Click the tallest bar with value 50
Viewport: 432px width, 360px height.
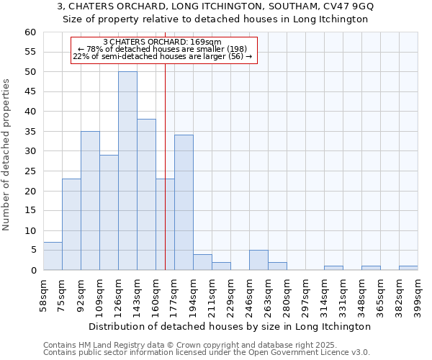pyautogui.click(x=127, y=171)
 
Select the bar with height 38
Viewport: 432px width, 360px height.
pyautogui.click(x=146, y=194)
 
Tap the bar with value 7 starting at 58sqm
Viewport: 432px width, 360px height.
pyautogui.click(x=53, y=256)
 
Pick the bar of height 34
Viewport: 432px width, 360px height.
pyautogui.click(x=184, y=202)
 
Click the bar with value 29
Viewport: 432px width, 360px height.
pyautogui.click(x=109, y=212)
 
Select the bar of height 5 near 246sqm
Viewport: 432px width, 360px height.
pyautogui.click(x=258, y=260)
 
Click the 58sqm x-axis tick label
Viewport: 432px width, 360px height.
pyautogui.click(x=44, y=295)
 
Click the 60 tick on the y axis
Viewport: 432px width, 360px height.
pyautogui.click(x=30, y=32)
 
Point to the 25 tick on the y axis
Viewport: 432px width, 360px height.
pyautogui.click(x=30, y=171)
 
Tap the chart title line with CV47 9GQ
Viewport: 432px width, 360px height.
pyautogui.click(x=215, y=6)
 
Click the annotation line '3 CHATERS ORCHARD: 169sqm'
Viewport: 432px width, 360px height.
pyautogui.click(x=162, y=42)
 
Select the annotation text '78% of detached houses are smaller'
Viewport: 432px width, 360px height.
pyautogui.click(x=162, y=49)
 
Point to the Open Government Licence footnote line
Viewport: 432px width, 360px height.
pyautogui.click(x=206, y=352)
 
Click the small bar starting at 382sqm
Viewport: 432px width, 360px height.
pyautogui.click(x=408, y=268)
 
